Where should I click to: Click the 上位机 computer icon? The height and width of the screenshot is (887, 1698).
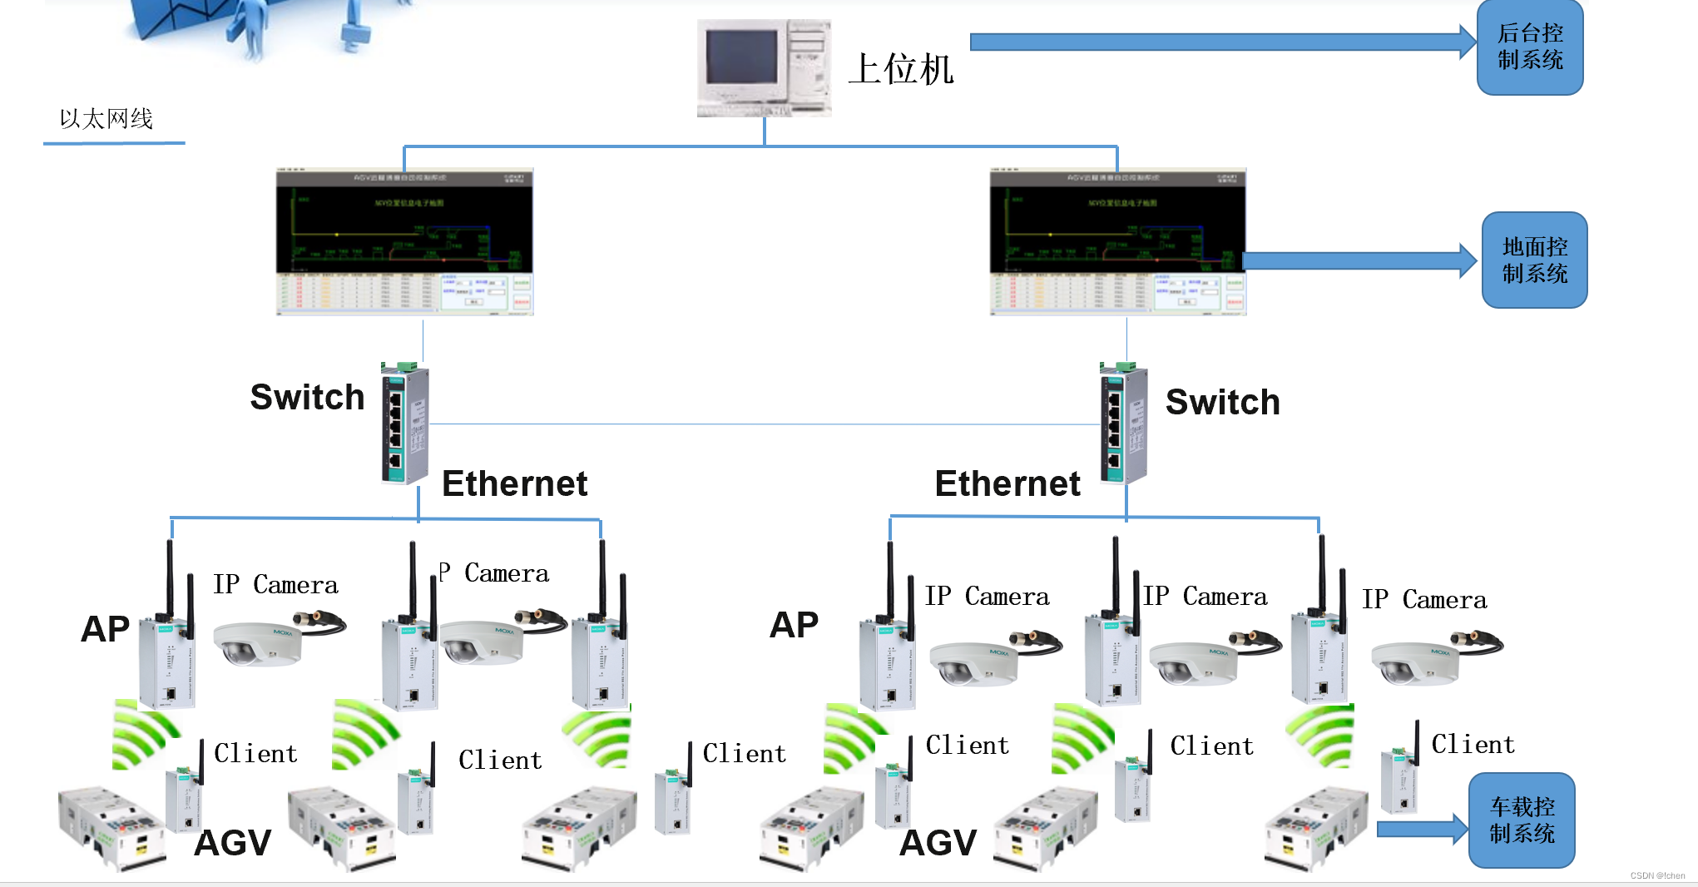764,68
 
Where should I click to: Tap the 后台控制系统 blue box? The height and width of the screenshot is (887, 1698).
1529,47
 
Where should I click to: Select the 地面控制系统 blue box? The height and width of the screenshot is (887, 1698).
1534,260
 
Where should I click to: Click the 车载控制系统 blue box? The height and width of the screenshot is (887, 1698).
1521,820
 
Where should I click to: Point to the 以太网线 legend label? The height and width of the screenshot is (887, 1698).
106,119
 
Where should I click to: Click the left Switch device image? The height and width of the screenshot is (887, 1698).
404,424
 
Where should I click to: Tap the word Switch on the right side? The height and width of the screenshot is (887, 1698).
1222,403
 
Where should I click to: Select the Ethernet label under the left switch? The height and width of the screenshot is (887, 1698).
514,483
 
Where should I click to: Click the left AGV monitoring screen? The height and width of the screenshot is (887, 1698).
404,242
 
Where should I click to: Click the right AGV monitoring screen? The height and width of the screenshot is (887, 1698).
1117,242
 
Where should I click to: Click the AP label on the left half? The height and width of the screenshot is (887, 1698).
105,629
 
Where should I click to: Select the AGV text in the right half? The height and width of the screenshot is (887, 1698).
938,843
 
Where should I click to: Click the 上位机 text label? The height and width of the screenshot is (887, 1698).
902,69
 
